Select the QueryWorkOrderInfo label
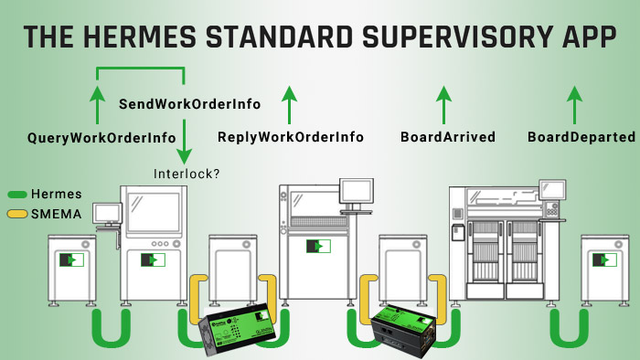point(101,138)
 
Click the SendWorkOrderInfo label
point(190,104)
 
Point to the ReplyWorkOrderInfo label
point(291,137)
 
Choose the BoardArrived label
point(448,137)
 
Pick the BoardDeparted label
point(581,137)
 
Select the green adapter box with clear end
point(238,327)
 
